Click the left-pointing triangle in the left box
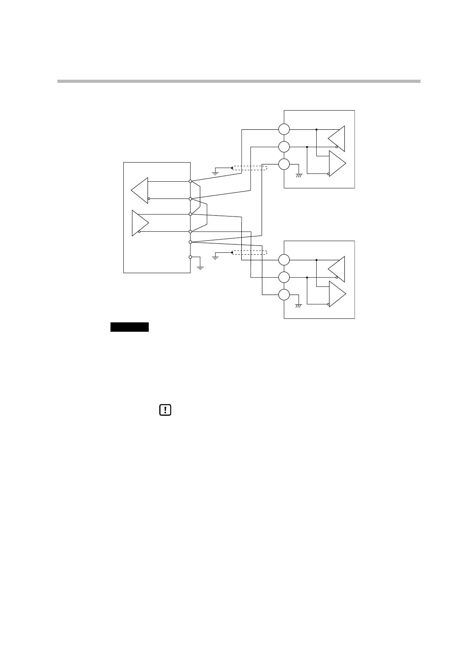(140, 190)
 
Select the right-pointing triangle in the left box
(140, 223)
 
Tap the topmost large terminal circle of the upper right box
(284, 129)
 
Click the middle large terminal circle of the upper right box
(284, 147)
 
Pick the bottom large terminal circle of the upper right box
(284, 164)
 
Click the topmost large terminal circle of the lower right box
(284, 260)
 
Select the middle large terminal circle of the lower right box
(284, 277)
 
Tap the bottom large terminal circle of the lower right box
(284, 295)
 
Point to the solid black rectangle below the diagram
(130, 327)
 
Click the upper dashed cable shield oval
(250, 168)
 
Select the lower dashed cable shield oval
(250, 252)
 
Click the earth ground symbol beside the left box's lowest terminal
(200, 268)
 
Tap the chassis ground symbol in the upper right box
(299, 176)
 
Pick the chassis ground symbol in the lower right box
(299, 306)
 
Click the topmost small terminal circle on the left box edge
(190, 181)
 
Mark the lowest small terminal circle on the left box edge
(190, 257)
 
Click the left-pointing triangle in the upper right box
(337, 138)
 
